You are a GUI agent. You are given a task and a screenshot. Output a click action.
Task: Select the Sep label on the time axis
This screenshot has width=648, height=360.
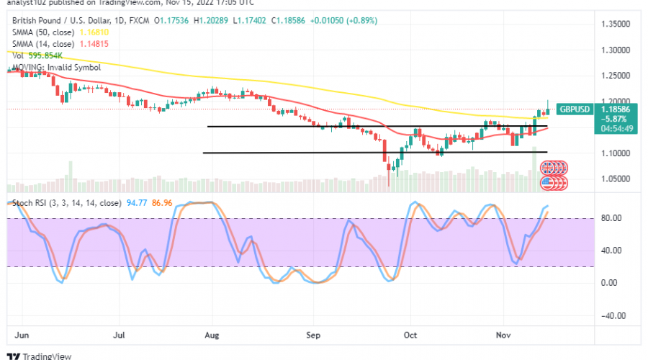pyautogui.click(x=312, y=335)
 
